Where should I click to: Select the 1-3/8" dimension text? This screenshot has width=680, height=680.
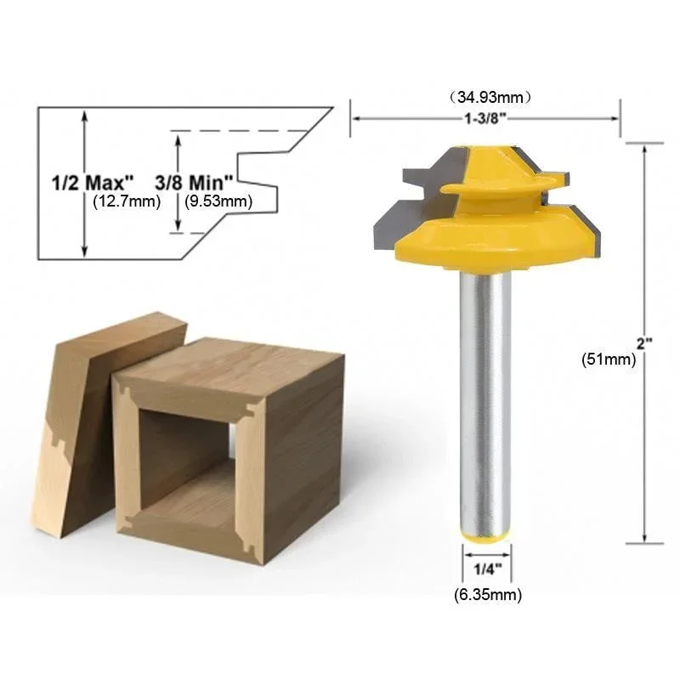[485, 118]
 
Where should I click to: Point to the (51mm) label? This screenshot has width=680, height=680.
[608, 359]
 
